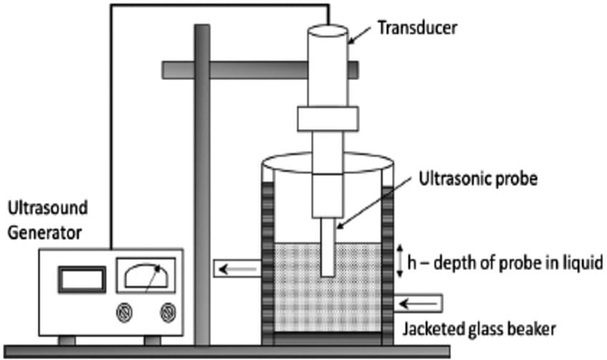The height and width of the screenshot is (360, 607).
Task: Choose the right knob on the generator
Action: [166, 312]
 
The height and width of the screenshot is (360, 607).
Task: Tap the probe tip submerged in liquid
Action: [328, 256]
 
